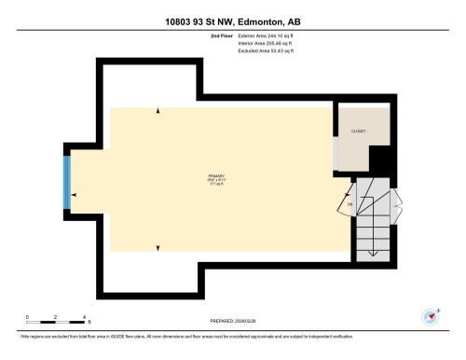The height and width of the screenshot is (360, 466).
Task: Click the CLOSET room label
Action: click(x=358, y=132)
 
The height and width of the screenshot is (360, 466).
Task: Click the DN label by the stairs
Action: click(x=349, y=203)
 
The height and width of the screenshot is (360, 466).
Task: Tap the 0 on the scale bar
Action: click(x=28, y=316)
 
